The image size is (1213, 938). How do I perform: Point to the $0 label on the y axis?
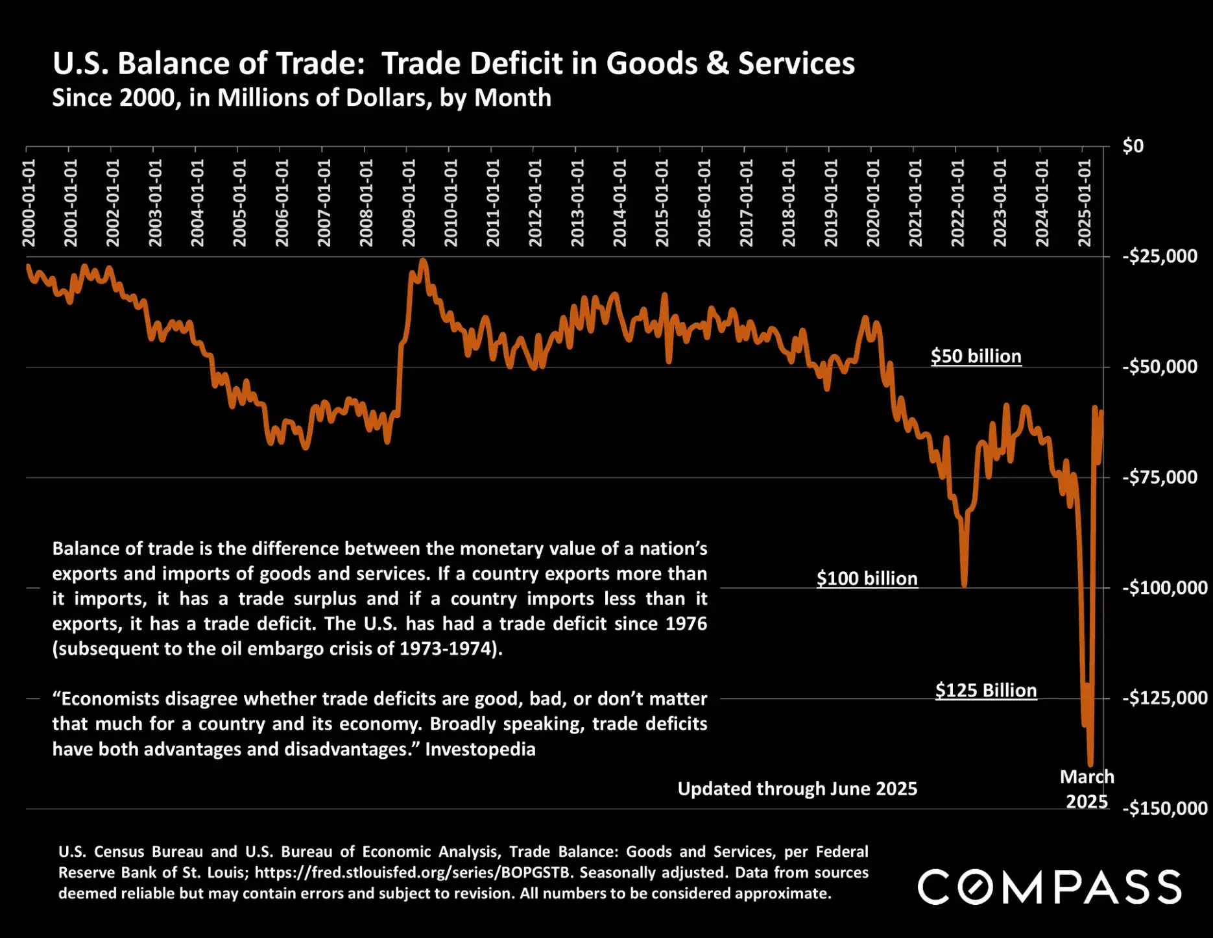[1133, 146]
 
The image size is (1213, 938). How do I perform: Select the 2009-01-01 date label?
[408, 203]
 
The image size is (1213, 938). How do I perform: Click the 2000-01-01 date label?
[29, 203]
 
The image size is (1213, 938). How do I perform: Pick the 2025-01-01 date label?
[1085, 203]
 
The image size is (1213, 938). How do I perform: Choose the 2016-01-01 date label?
[704, 203]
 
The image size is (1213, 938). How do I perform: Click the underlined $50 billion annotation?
[976, 356]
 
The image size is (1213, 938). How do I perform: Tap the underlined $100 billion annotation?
[867, 578]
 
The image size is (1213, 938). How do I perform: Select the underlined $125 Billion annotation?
[985, 690]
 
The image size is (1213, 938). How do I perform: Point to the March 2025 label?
[1087, 789]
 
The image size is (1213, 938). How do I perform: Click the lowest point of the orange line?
[1090, 765]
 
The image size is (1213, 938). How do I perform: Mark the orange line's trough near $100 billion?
[964, 585]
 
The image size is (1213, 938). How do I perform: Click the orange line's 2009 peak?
[423, 260]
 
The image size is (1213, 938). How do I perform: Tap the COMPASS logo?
[1049, 887]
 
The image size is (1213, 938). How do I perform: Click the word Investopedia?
[480, 749]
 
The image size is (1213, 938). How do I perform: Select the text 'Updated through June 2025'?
[797, 789]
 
